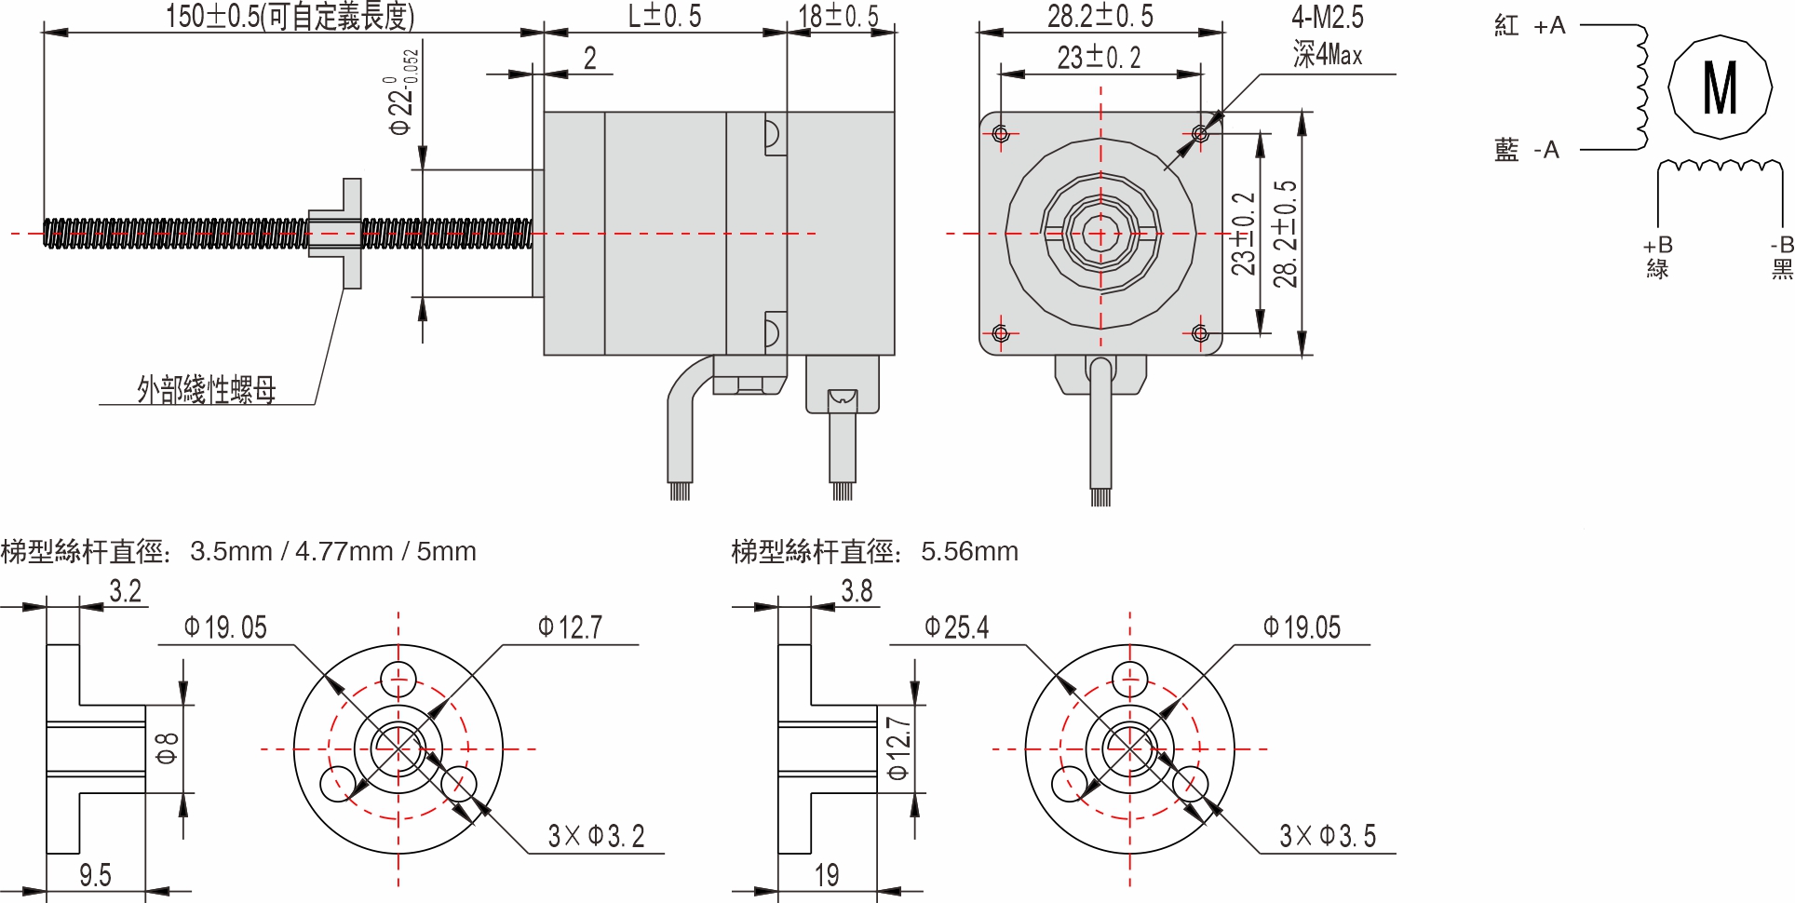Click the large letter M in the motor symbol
(x=1720, y=88)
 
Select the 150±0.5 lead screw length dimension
(x=290, y=16)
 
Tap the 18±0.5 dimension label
(x=838, y=16)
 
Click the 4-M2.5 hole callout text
(x=1327, y=17)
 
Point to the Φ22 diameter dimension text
(x=401, y=93)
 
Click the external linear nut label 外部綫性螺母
(x=207, y=389)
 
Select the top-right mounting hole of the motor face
(x=1200, y=134)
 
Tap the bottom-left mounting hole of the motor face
(x=1001, y=333)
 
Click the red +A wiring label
(x=1530, y=26)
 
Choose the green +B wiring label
(x=1657, y=256)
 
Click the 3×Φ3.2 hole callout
(x=596, y=836)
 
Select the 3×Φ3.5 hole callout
(x=1327, y=836)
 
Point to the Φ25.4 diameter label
(x=956, y=627)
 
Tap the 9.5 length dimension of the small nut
(x=94, y=875)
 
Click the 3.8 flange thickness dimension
(x=857, y=591)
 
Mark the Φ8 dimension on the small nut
(x=167, y=748)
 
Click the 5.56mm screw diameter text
(x=968, y=551)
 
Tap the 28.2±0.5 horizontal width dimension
(x=1100, y=16)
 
